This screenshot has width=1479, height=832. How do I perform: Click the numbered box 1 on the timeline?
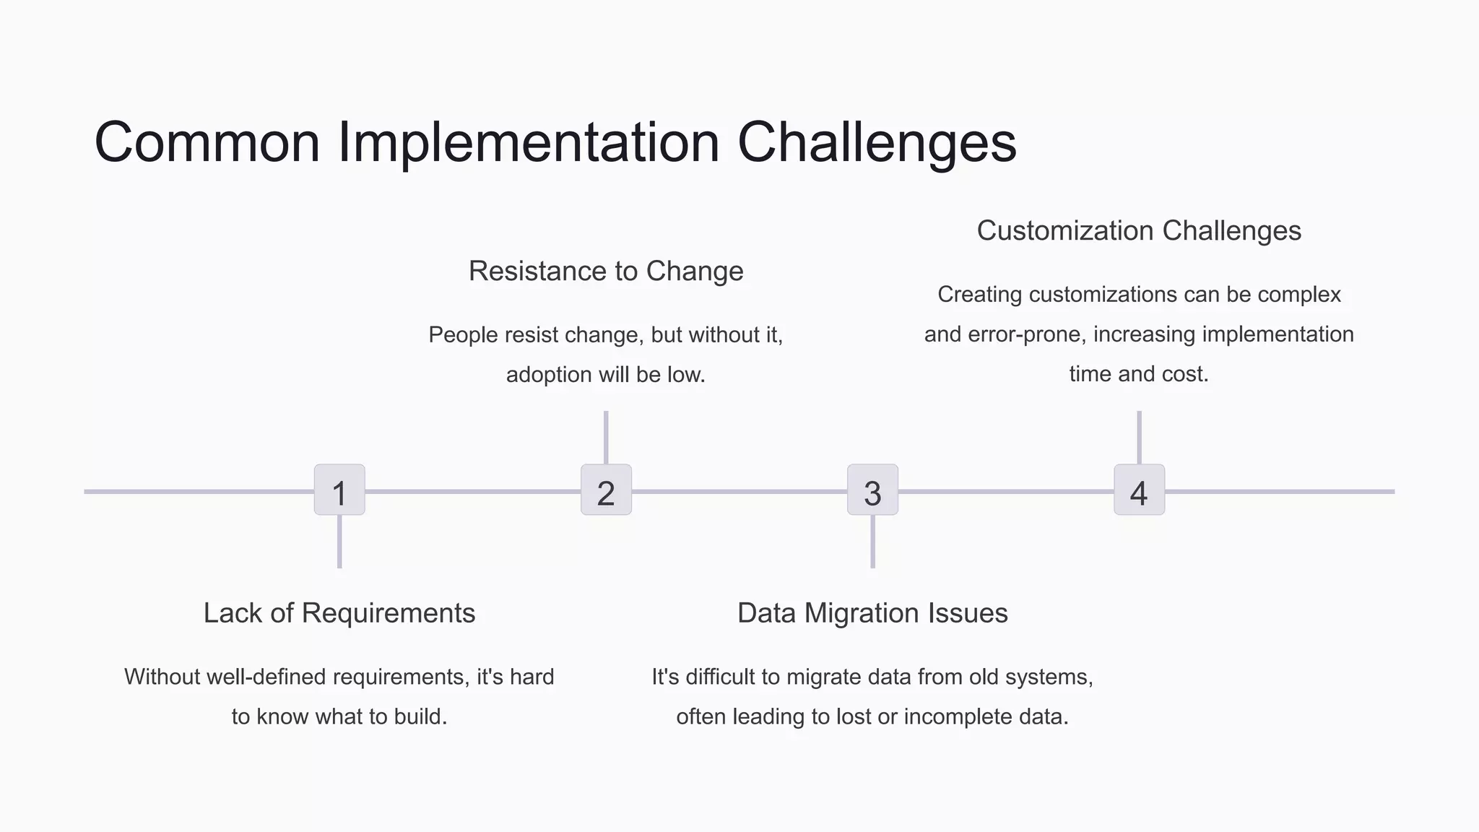(339, 490)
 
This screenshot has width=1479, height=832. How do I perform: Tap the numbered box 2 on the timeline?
(606, 490)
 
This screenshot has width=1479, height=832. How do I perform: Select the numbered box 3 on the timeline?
(872, 490)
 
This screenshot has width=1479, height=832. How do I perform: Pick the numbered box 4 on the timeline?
(1139, 490)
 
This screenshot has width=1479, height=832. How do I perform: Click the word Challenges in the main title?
(877, 143)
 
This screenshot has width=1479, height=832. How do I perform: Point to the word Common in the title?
(207, 143)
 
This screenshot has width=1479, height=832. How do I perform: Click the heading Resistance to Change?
(606, 272)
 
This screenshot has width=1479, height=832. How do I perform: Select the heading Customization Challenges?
(1139, 231)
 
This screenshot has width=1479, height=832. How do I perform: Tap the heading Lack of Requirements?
(339, 613)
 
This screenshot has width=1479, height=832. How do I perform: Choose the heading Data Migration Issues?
(872, 613)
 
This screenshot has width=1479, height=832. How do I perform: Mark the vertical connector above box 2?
(606, 438)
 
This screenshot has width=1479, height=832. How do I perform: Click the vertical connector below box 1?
(339, 542)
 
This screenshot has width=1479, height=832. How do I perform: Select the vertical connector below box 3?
(872, 542)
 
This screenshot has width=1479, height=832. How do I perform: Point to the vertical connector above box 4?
(1139, 438)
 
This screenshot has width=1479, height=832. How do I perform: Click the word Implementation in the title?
(529, 143)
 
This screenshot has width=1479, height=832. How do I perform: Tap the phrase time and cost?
(1139, 375)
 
